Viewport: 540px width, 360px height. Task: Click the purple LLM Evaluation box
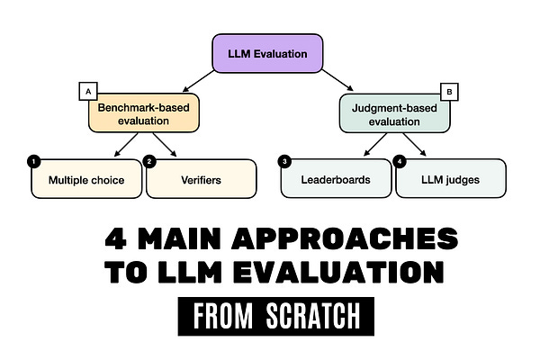[267, 53]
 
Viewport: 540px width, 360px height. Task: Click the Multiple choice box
[86, 179]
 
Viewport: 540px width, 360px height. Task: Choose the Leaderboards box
[337, 179]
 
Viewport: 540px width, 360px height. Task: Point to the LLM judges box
[450, 179]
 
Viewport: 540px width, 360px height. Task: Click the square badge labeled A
[88, 91]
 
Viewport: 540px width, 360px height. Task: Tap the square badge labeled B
[449, 91]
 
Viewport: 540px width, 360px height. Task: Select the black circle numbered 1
[34, 161]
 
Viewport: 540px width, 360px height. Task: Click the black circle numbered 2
[149, 161]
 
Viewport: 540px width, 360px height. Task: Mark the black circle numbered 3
[284, 161]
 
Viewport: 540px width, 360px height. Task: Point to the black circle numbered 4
[400, 161]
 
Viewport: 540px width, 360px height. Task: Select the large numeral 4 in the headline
[115, 239]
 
